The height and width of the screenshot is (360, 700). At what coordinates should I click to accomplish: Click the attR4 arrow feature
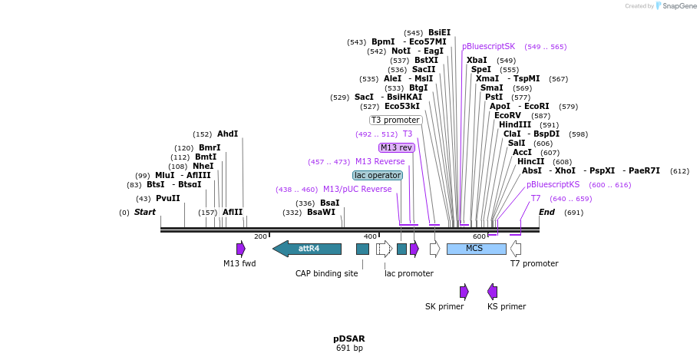(307, 249)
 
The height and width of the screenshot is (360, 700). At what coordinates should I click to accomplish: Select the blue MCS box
(476, 249)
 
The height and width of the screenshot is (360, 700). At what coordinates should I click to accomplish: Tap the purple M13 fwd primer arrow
(241, 249)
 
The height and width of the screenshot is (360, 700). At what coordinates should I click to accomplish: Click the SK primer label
(444, 306)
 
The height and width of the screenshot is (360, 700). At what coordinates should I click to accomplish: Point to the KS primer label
(507, 306)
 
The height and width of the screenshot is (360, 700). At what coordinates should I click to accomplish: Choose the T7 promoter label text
(534, 263)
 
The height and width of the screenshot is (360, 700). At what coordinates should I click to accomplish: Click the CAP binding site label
(327, 273)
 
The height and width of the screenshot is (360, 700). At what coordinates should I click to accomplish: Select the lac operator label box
(378, 175)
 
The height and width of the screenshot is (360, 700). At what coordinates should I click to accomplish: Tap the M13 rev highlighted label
(397, 147)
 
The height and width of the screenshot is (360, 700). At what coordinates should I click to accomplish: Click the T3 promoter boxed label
(395, 120)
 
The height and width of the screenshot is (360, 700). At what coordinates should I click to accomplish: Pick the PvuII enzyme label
(168, 198)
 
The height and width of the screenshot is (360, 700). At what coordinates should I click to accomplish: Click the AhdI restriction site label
(227, 134)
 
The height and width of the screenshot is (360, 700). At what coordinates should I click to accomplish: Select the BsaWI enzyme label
(321, 213)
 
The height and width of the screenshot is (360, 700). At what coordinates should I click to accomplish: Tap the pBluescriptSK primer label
(488, 46)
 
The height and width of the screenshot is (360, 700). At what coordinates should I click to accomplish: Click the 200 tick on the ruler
(260, 236)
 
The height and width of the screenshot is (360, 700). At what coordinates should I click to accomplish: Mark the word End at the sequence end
(546, 212)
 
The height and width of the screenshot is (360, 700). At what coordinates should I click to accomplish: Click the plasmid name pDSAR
(349, 338)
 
